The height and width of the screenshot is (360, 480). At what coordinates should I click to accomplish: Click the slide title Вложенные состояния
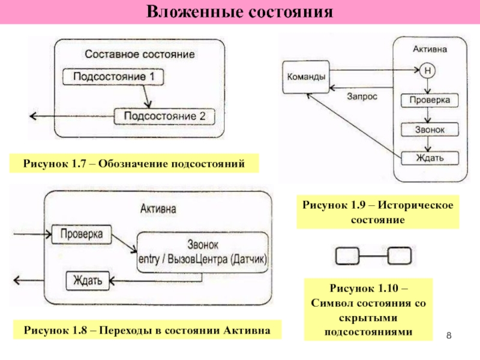(239, 12)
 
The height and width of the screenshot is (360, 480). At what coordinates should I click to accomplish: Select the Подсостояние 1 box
(113, 77)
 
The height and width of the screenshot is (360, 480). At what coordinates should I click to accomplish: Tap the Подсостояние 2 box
(164, 116)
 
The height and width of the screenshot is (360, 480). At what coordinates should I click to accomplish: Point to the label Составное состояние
(140, 54)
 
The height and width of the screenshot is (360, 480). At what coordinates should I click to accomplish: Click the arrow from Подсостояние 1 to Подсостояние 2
(146, 96)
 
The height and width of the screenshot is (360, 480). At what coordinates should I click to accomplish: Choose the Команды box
(306, 77)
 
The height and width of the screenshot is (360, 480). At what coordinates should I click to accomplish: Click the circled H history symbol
(427, 71)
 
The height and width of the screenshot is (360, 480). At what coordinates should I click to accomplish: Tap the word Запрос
(362, 97)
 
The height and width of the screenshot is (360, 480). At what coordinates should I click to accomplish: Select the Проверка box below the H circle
(430, 100)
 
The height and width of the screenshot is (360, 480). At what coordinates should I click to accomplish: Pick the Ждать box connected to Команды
(430, 158)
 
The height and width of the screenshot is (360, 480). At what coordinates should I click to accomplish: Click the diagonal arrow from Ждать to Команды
(354, 126)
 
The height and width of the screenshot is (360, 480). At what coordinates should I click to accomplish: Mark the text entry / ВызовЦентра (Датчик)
(203, 259)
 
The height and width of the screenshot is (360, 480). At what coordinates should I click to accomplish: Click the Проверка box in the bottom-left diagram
(82, 235)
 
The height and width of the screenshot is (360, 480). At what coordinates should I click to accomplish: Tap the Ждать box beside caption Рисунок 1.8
(88, 281)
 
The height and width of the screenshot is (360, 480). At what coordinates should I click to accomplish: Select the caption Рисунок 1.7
(134, 164)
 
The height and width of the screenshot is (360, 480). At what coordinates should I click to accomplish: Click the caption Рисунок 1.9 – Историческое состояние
(378, 212)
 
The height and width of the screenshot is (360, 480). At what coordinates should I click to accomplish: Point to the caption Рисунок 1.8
(147, 330)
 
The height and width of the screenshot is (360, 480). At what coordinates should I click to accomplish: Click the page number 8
(449, 335)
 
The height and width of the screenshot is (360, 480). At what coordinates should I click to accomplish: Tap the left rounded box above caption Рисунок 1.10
(347, 256)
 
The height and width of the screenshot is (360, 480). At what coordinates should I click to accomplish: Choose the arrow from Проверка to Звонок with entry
(124, 244)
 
